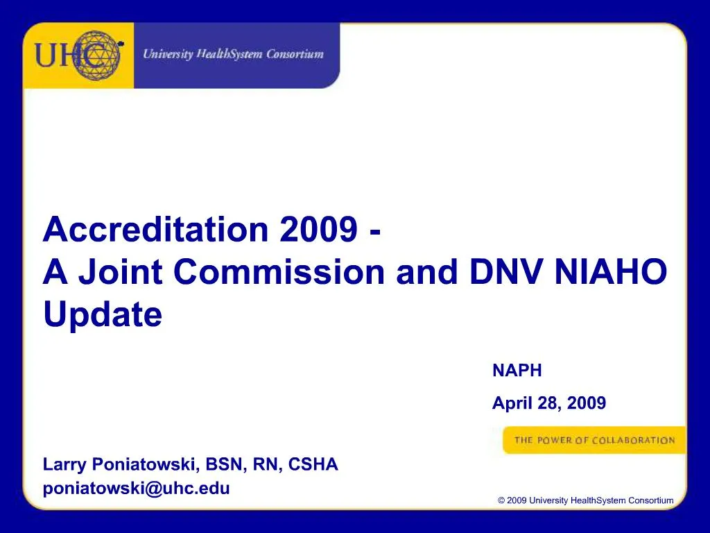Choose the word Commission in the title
tap(278, 272)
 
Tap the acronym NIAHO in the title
tap(611, 272)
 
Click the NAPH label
tap(517, 371)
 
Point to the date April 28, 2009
tap(548, 403)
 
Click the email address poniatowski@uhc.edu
tap(136, 488)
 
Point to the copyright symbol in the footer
tap(501, 500)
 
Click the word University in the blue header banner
tap(167, 54)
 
